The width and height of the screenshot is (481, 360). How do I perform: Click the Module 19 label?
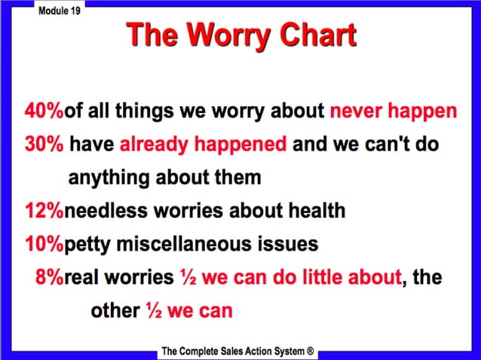click(x=58, y=15)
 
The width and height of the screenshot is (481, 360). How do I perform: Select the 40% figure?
click(x=44, y=112)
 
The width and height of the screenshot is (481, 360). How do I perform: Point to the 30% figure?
click(x=44, y=145)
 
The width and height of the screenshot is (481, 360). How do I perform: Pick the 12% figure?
click(x=44, y=211)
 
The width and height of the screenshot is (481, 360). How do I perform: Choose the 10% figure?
click(x=44, y=244)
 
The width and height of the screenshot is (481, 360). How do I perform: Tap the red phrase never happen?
click(x=393, y=112)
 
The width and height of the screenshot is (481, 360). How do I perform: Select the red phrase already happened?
click(x=203, y=145)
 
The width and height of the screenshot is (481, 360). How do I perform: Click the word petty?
click(x=90, y=244)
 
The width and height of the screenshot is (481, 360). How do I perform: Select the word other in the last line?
click(x=115, y=310)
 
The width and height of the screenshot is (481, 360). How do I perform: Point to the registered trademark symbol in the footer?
click(x=310, y=351)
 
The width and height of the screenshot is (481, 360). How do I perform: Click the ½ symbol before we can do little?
click(x=188, y=276)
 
